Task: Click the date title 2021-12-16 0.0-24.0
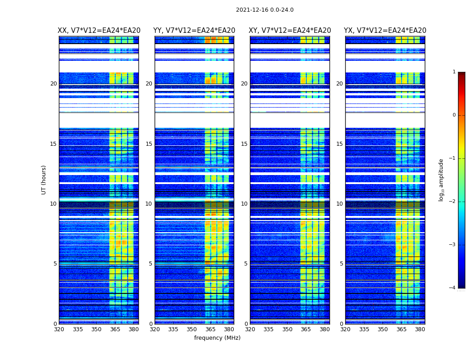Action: click(264, 10)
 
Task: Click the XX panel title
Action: click(99, 31)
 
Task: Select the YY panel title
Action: click(194, 31)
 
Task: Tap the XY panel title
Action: click(290, 31)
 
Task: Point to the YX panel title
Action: click(385, 31)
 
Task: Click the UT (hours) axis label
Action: click(44, 180)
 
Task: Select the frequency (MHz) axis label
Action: click(217, 338)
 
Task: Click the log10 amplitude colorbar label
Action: click(441, 180)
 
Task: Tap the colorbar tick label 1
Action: click(454, 72)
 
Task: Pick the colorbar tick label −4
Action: click(453, 288)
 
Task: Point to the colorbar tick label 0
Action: click(454, 115)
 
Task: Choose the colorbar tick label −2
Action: click(453, 202)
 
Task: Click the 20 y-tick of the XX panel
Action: click(53, 84)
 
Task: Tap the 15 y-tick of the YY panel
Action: click(149, 144)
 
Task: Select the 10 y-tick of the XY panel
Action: click(244, 204)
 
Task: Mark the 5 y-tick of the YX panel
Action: click(341, 264)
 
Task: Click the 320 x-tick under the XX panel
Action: click(59, 329)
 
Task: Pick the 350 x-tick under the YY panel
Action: click(192, 329)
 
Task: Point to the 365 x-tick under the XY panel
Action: click(306, 329)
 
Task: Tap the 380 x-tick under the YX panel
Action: click(420, 329)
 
